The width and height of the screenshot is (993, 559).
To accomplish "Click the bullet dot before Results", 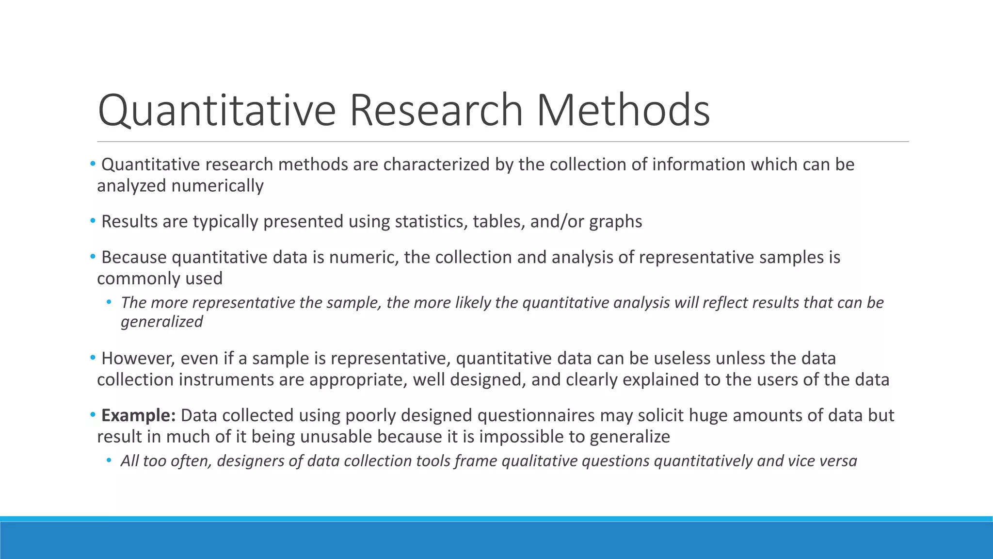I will point(93,221).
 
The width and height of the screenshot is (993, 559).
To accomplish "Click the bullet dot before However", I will point(93,358).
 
